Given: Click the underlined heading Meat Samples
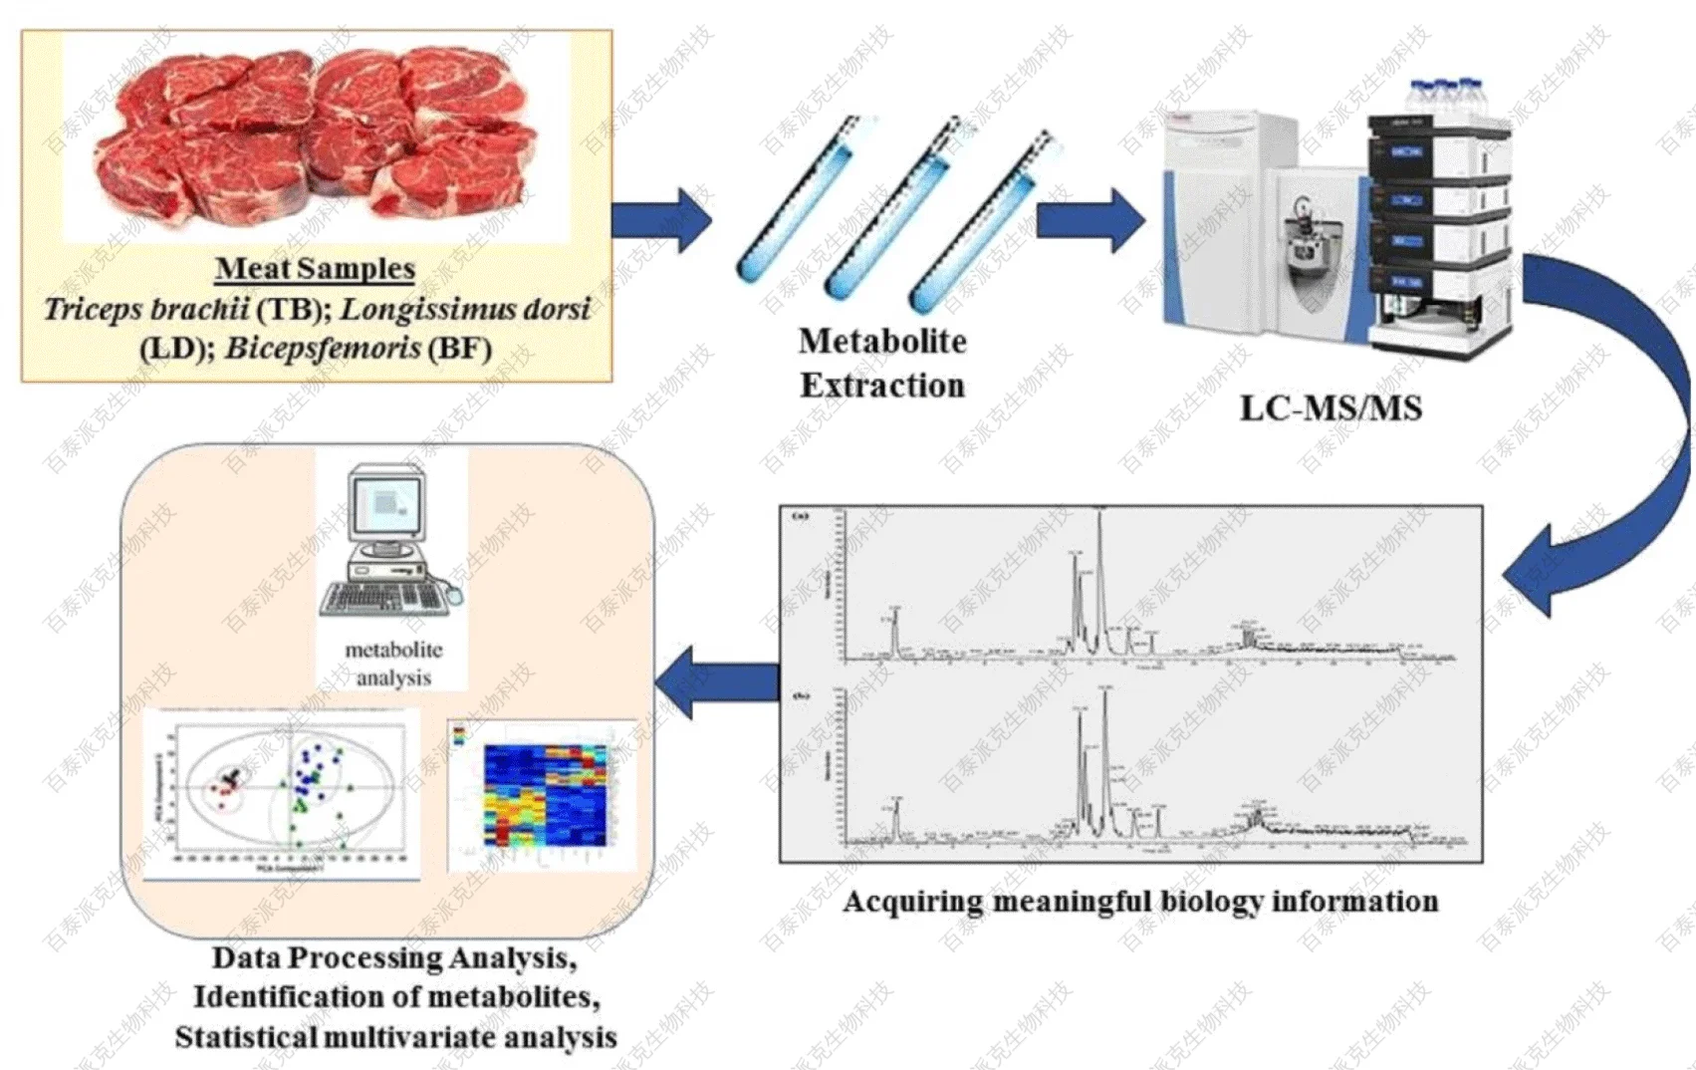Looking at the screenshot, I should tap(315, 268).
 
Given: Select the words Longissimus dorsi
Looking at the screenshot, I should tap(465, 310).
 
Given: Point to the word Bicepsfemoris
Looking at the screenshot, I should tap(322, 349).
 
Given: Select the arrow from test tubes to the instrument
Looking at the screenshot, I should tap(1090, 219).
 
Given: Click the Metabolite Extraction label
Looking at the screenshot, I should tap(882, 363).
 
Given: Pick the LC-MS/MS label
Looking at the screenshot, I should tap(1331, 408).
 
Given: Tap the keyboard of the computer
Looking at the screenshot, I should tap(383, 599).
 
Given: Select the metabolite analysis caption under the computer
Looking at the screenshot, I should tap(393, 664).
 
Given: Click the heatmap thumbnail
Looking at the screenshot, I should tap(544, 794).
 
